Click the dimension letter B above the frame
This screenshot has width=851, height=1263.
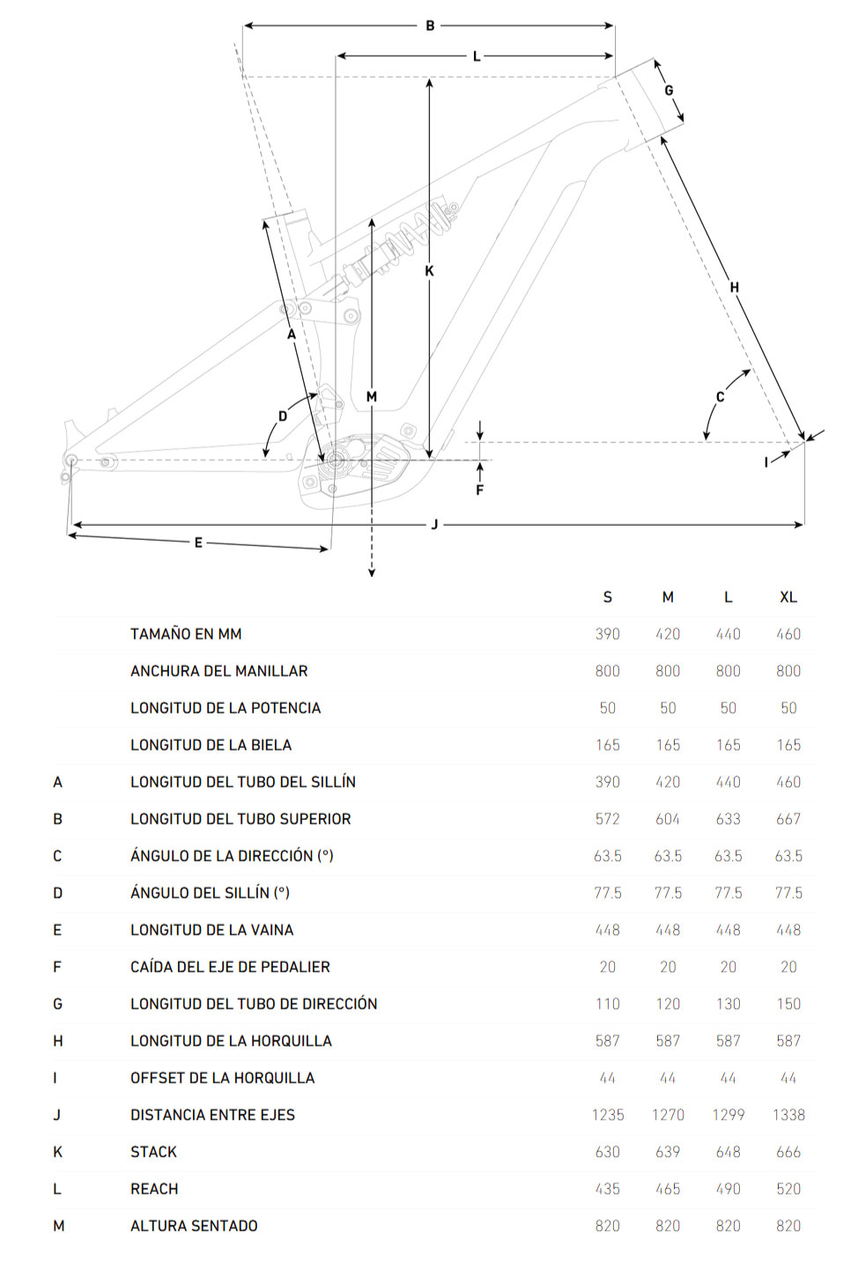[x=430, y=26]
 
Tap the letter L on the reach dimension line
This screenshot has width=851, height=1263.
[x=477, y=56]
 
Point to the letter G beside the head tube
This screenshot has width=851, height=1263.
[x=669, y=91]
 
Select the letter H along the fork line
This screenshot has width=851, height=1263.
[x=735, y=287]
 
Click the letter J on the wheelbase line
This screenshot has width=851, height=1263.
[x=434, y=525]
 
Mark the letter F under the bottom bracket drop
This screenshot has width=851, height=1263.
[x=480, y=491]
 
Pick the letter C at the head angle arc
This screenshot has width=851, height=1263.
[x=720, y=397]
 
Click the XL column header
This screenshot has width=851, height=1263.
[x=788, y=597]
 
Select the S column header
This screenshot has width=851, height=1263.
[x=608, y=597]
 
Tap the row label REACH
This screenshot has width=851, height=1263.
[x=154, y=1189]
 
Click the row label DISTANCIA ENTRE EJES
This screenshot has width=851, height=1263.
[x=212, y=1115]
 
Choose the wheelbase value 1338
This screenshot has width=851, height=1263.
[x=788, y=1115]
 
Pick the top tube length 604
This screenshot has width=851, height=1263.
[x=668, y=819]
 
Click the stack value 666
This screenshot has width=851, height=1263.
[x=788, y=1152]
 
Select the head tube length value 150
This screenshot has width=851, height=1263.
[x=788, y=1004]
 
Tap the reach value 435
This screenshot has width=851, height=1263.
[x=608, y=1189]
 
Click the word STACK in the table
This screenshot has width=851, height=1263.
[x=153, y=1152]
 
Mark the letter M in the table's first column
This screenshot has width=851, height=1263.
[x=58, y=1226]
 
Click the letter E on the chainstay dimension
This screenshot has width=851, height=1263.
[x=198, y=543]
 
